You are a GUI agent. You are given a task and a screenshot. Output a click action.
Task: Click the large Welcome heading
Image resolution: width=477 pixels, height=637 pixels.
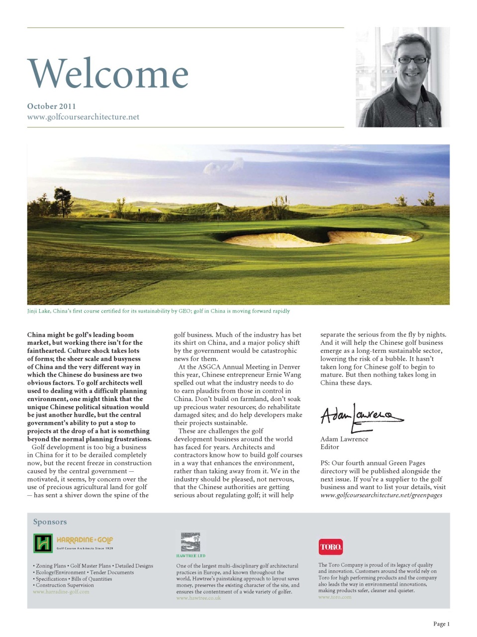click(108, 74)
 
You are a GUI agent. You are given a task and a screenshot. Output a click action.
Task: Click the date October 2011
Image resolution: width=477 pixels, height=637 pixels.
click(51, 106)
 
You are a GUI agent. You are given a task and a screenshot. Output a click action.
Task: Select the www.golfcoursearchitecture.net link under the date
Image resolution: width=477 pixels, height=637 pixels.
click(83, 117)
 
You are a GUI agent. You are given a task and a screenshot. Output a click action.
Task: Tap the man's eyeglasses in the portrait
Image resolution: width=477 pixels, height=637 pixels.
click(412, 60)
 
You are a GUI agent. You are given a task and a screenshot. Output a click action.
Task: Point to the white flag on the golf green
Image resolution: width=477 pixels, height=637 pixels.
click(217, 206)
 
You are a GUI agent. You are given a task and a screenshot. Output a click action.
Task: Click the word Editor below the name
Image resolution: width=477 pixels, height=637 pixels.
click(329, 447)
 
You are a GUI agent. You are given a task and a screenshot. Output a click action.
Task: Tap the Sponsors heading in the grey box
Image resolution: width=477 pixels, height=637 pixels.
click(50, 522)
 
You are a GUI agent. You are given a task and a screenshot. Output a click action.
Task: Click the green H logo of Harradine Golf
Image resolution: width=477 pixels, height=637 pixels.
click(43, 543)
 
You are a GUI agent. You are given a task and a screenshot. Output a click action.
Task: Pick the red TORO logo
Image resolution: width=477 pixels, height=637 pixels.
click(331, 546)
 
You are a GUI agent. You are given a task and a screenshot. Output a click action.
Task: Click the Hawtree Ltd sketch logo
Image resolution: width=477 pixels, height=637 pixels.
click(191, 542)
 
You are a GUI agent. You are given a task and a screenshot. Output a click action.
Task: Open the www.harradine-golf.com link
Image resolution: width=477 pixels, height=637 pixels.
click(61, 592)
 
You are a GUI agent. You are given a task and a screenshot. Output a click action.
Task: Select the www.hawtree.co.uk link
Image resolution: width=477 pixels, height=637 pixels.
click(198, 598)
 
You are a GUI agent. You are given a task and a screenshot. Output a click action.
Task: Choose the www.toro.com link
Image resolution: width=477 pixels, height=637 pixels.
click(335, 597)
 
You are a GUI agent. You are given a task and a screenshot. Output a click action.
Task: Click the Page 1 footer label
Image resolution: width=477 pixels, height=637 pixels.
click(441, 624)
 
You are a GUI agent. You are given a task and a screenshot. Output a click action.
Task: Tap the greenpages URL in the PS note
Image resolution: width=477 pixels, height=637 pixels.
click(381, 495)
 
